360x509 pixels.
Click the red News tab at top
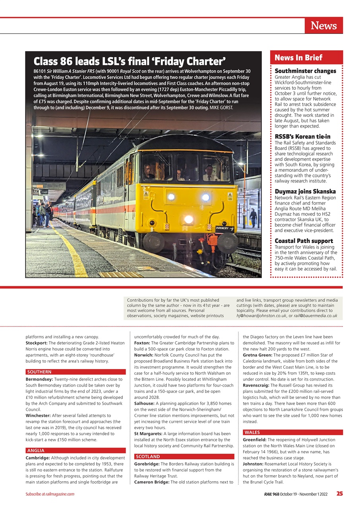tap(323, 26)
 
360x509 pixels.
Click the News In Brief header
tap(298, 58)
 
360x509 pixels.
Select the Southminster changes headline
tap(305, 71)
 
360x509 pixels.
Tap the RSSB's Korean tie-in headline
tap(302, 137)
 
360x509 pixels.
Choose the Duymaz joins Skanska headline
tap(305, 191)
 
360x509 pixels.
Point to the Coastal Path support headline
tap(304, 241)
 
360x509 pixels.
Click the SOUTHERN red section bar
tap(75, 372)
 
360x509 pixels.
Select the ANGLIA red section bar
tap(75, 451)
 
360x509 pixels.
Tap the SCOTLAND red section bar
tap(184, 457)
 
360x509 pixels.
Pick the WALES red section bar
tap(292, 432)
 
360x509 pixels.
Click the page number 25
tap(339, 493)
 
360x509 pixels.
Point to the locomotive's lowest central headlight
tap(188, 219)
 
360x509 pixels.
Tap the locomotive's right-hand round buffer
tap(228, 243)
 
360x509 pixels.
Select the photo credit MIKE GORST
tap(221, 108)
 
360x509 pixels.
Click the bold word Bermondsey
tap(39, 379)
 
